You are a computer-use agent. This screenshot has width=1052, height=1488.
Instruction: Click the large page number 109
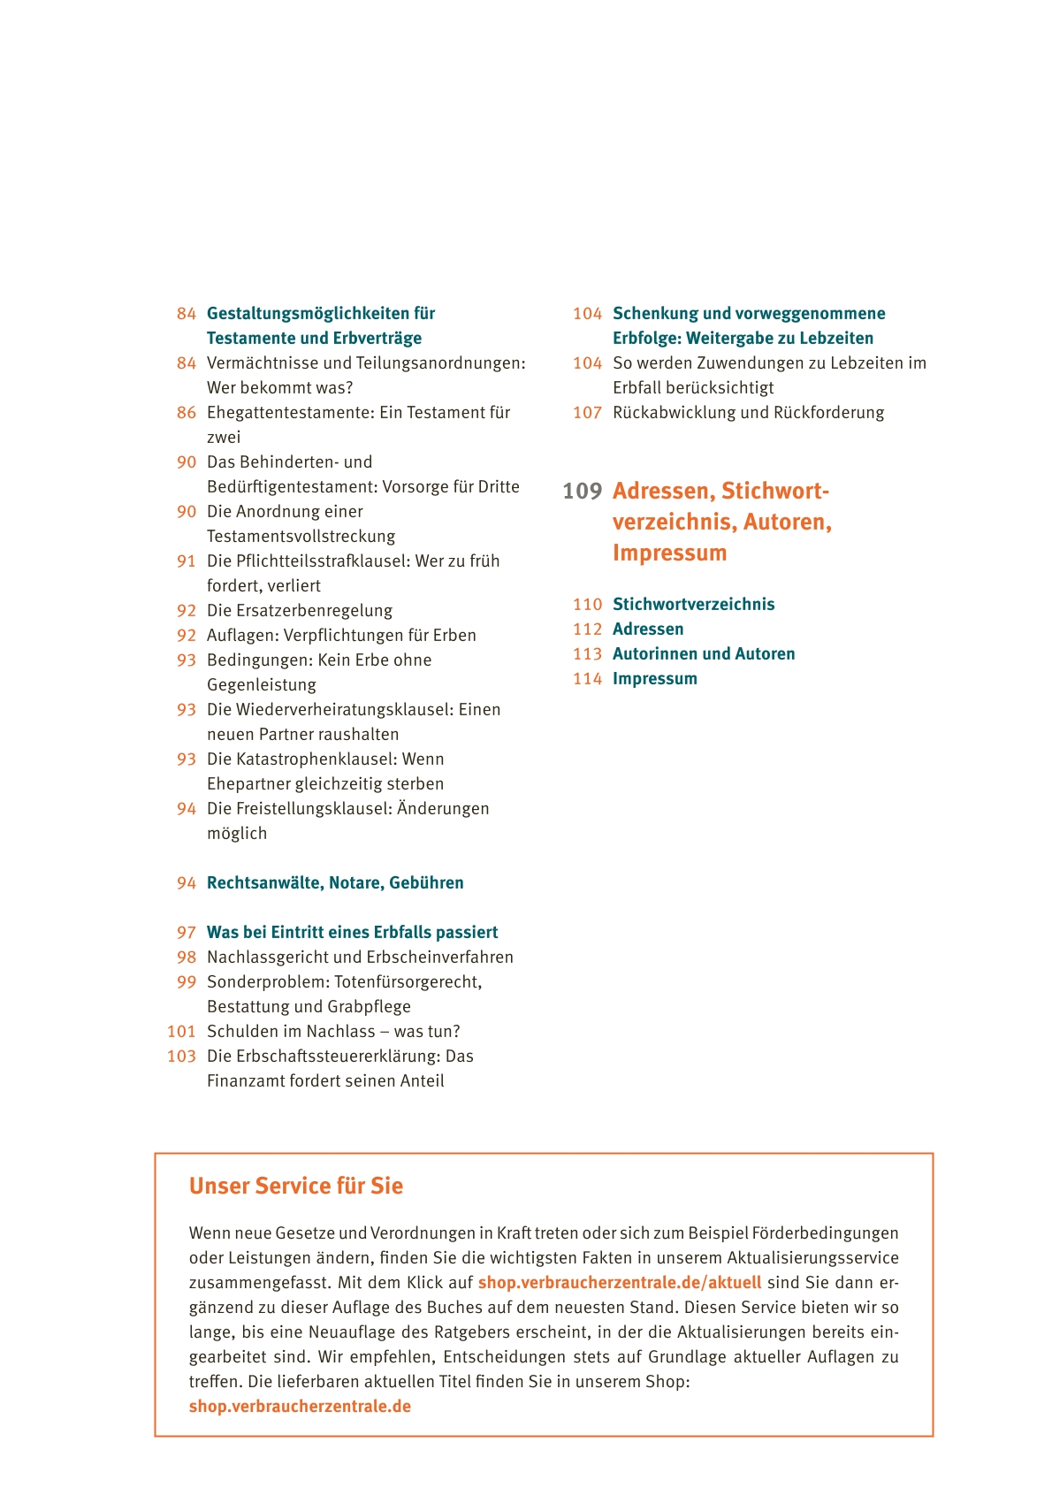(x=582, y=491)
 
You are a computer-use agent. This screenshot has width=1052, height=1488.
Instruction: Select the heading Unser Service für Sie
(x=295, y=1186)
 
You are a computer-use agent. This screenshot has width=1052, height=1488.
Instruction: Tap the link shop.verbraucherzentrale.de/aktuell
(x=619, y=1282)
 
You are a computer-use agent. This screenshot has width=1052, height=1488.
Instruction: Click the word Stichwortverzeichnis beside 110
(x=693, y=604)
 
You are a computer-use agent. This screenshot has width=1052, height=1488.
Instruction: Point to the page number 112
(x=587, y=629)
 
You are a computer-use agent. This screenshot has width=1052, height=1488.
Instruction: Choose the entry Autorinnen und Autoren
(x=704, y=653)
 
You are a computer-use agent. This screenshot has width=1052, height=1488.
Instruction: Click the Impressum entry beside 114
(x=654, y=678)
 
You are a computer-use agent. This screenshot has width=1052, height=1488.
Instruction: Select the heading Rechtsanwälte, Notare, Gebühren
(x=334, y=882)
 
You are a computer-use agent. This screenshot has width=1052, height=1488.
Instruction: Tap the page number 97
(x=186, y=932)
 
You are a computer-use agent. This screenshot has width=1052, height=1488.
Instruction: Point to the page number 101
(x=181, y=1031)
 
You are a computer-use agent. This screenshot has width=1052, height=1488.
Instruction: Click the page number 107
(x=587, y=412)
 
